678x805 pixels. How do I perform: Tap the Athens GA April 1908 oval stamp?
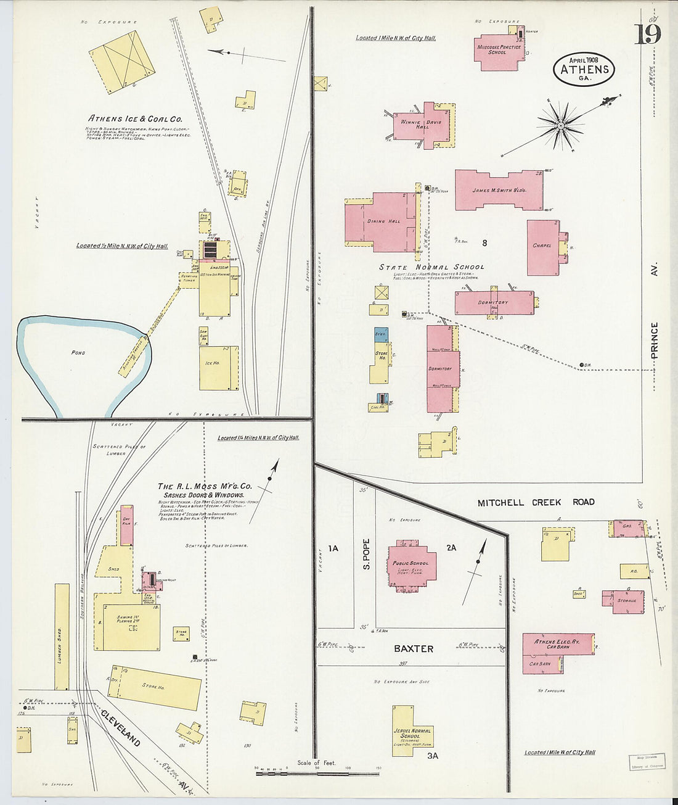click(584, 69)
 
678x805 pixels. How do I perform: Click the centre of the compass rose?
click(561, 125)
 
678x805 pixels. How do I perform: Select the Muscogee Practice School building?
click(498, 49)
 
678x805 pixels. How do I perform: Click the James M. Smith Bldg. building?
click(499, 191)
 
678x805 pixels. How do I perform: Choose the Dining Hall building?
click(382, 222)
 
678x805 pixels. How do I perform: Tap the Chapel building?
click(542, 247)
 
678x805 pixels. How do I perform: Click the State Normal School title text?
click(431, 267)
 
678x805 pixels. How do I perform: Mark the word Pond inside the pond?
click(78, 353)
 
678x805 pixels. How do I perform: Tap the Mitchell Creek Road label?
click(536, 502)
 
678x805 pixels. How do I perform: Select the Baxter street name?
click(414, 649)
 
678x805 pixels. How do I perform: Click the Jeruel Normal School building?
click(411, 734)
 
